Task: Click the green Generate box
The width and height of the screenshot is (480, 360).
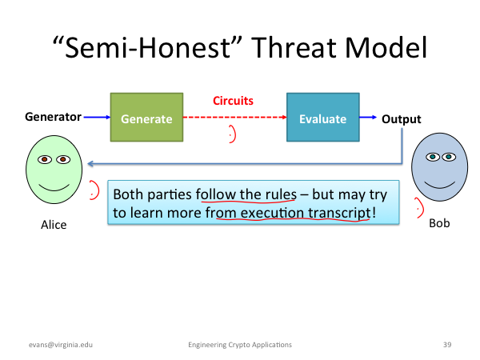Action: [146, 118]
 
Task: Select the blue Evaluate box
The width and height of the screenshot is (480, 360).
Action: [323, 118]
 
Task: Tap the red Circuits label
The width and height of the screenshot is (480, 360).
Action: [233, 101]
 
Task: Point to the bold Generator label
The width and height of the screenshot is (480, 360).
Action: [53, 117]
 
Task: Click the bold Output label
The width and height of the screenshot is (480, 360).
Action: [402, 119]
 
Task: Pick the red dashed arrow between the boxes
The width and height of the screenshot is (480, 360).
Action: [234, 118]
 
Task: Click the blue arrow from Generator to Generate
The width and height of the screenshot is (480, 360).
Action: [97, 117]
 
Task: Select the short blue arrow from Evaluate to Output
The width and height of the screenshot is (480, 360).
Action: [368, 117]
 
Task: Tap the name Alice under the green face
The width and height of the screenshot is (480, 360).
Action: [54, 225]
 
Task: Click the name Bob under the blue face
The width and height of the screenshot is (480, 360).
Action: [439, 223]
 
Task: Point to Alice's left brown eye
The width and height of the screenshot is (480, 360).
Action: [45, 159]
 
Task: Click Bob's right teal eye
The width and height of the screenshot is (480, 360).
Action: [449, 157]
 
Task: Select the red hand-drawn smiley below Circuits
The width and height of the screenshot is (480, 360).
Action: [234, 134]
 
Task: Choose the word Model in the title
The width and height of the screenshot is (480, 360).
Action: [386, 48]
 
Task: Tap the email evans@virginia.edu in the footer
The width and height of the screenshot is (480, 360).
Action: [61, 345]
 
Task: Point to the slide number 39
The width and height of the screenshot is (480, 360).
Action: [447, 345]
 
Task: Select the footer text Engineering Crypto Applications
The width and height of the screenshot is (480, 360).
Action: [240, 345]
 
